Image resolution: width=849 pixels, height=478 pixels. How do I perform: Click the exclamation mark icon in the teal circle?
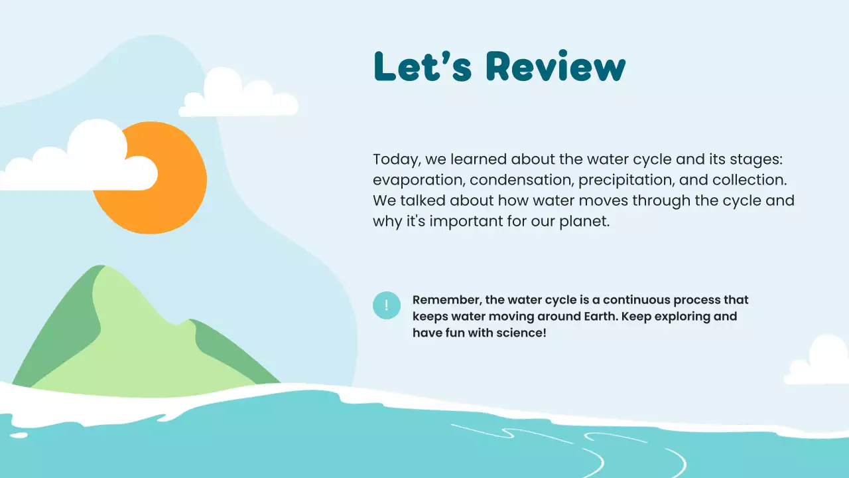[387, 305]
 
